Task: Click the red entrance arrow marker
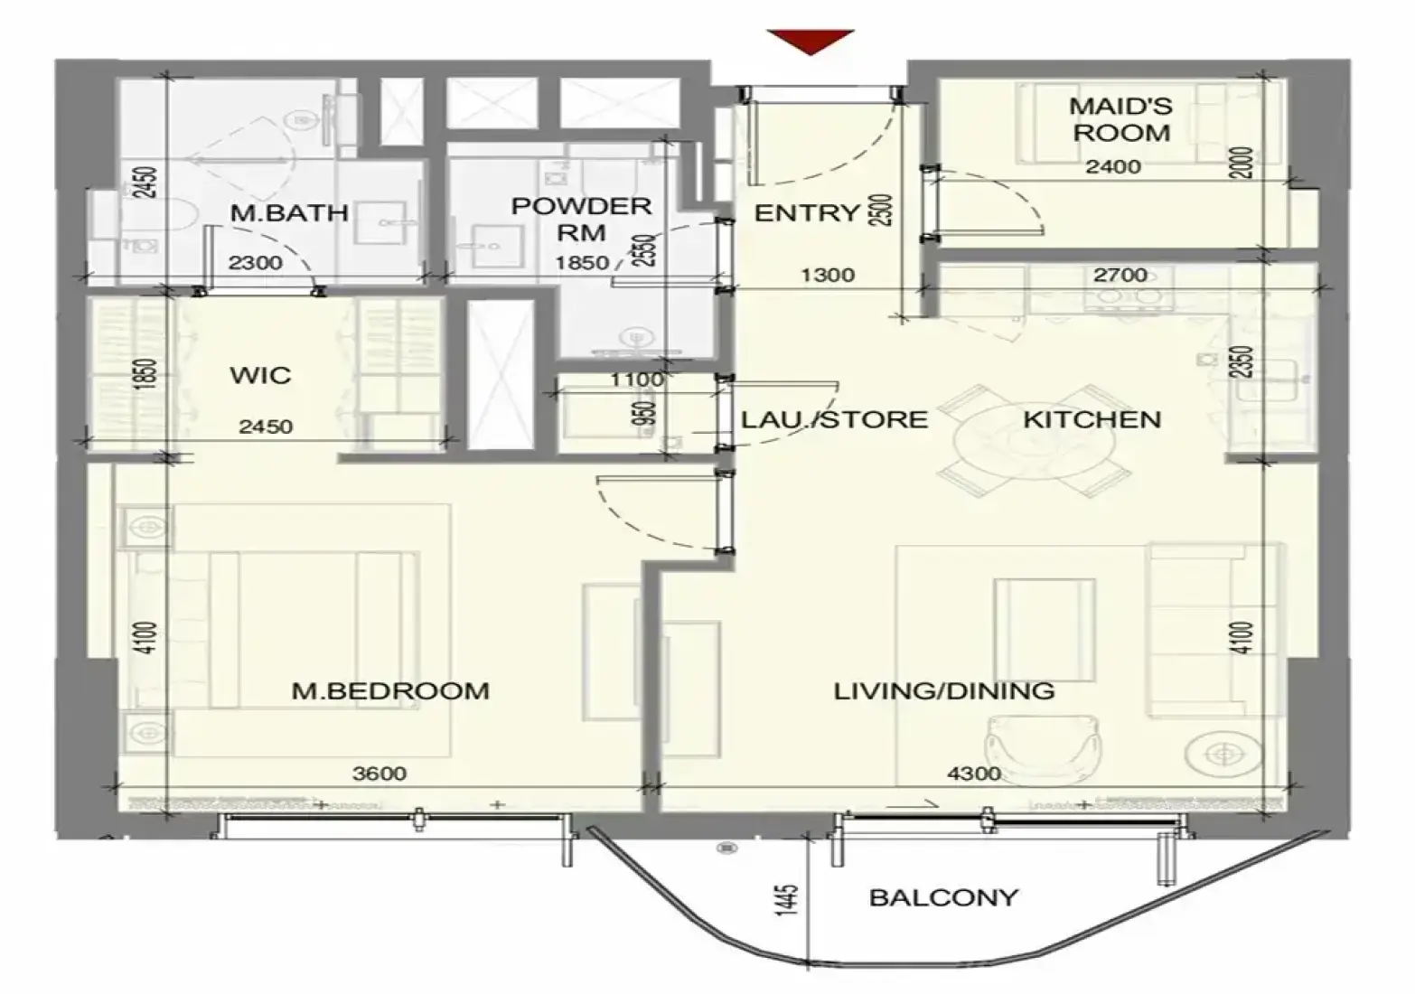(x=811, y=41)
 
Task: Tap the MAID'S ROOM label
(x=1121, y=119)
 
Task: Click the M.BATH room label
(x=289, y=213)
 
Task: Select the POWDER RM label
(x=581, y=220)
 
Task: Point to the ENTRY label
(x=807, y=213)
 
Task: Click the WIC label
(x=261, y=375)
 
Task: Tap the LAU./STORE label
(x=835, y=419)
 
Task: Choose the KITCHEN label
(x=1092, y=419)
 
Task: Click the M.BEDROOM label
(x=390, y=690)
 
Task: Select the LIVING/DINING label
(x=944, y=690)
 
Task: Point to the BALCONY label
(x=943, y=897)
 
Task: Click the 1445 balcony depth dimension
(x=787, y=900)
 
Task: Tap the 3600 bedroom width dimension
(x=379, y=774)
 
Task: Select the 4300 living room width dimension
(x=973, y=774)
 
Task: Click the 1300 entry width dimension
(x=828, y=275)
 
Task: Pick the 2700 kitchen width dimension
(x=1120, y=275)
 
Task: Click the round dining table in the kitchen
(x=1035, y=440)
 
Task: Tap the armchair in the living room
(x=1044, y=747)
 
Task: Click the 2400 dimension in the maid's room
(x=1113, y=167)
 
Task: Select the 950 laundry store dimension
(x=643, y=415)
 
